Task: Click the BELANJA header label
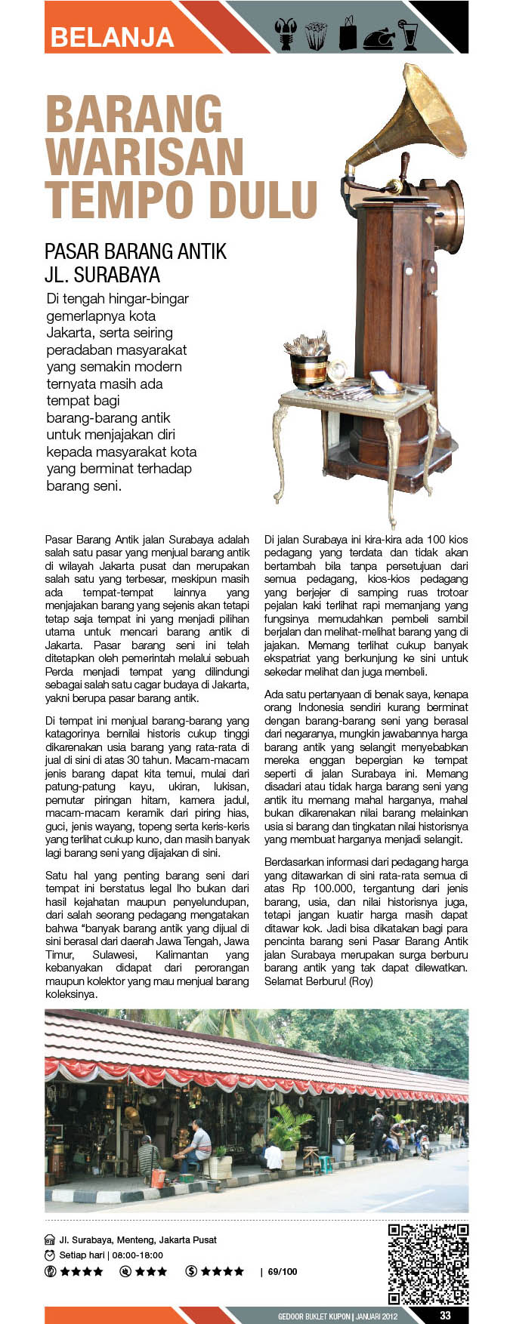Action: [113, 37]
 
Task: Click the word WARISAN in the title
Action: [144, 158]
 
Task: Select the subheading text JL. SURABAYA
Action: [102, 274]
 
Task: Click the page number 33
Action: [445, 1315]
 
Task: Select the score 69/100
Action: [283, 1272]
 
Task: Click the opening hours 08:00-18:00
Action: [138, 1255]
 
